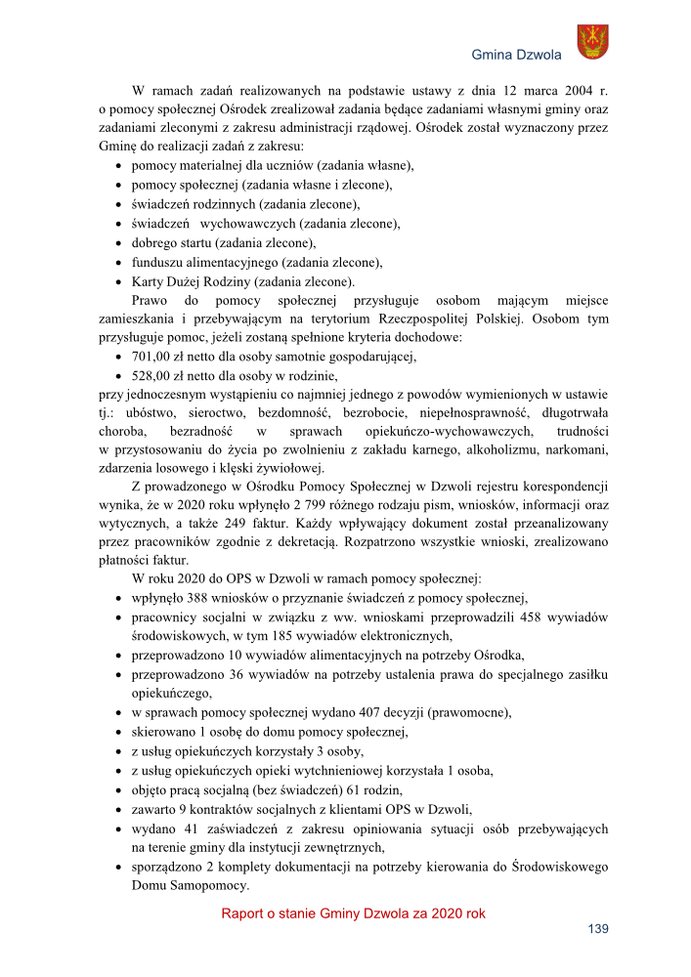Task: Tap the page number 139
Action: pos(597,929)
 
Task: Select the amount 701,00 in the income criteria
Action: pos(151,357)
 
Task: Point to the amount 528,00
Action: pos(151,375)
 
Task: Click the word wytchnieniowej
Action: pos(322,770)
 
